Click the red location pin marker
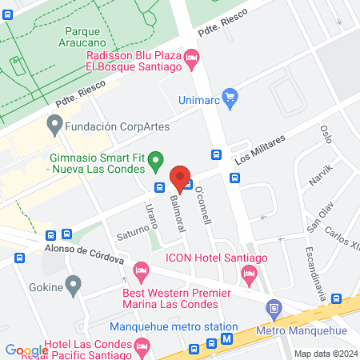(x=180, y=178)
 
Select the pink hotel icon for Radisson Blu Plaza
(x=192, y=57)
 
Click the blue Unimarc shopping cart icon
(x=231, y=98)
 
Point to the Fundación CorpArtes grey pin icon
(x=54, y=125)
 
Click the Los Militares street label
(x=260, y=149)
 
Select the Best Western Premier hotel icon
(x=142, y=272)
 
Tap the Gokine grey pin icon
(x=74, y=283)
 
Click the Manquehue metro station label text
(x=174, y=327)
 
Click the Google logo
(x=26, y=350)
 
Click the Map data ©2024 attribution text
(x=325, y=354)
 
